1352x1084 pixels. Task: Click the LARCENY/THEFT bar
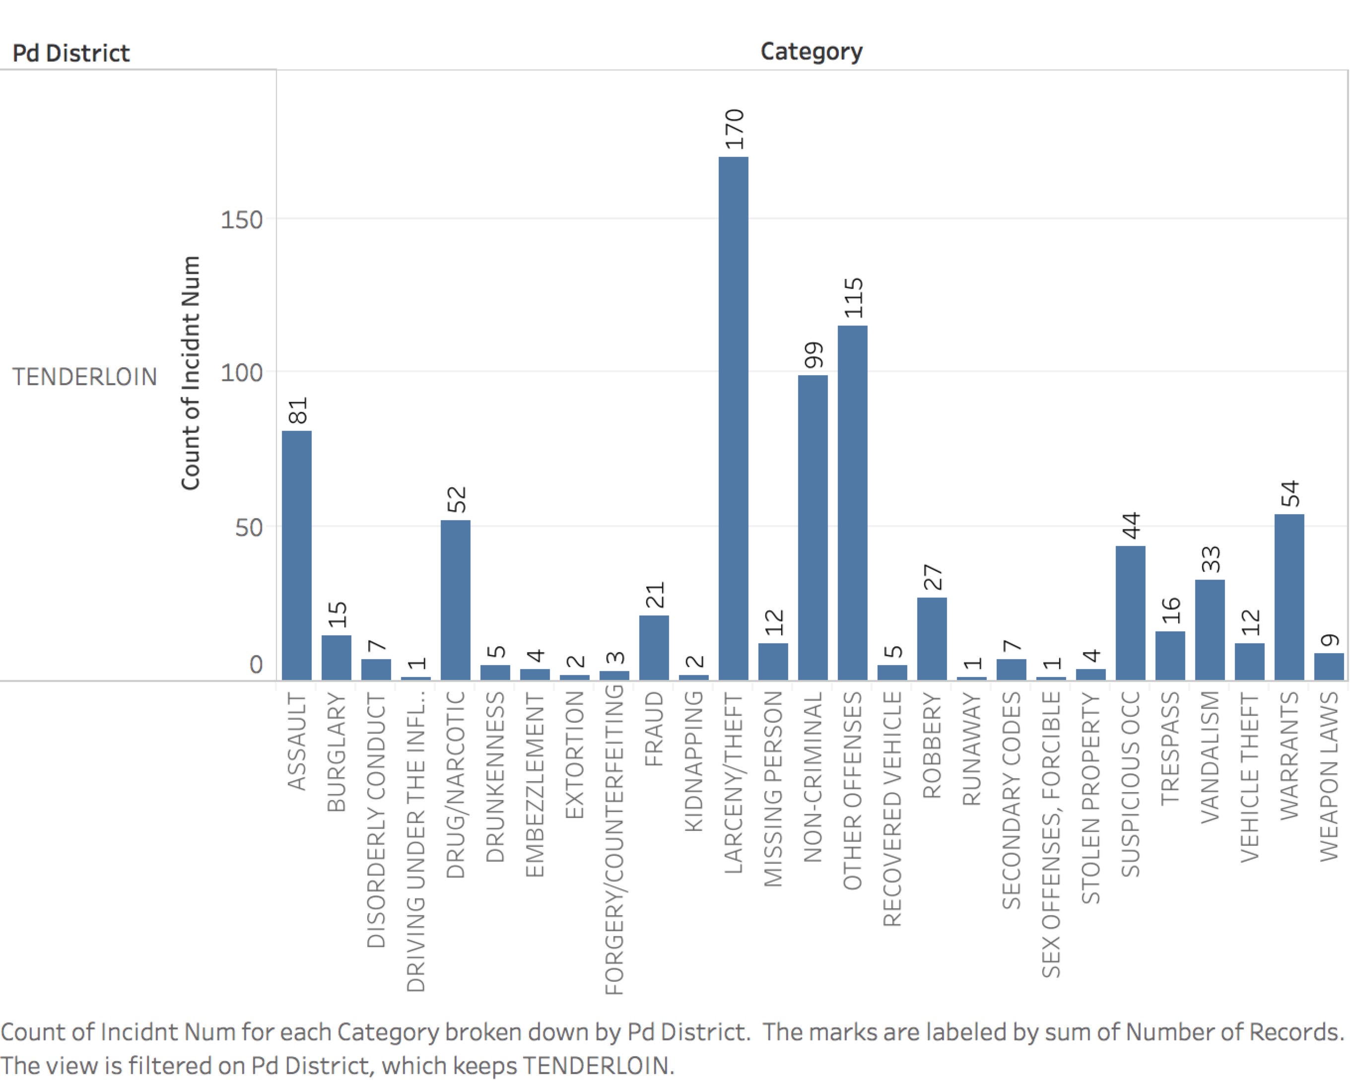coord(733,418)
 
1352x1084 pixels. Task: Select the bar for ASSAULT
coord(297,555)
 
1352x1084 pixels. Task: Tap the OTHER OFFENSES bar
coord(852,503)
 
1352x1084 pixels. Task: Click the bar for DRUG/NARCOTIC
coord(455,600)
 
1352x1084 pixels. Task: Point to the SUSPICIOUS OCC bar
coord(1130,612)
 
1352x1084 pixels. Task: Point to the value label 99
coord(813,355)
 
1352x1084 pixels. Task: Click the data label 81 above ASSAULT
coord(298,410)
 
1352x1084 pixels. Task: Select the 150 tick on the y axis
coord(241,220)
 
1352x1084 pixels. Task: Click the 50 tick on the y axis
coord(249,527)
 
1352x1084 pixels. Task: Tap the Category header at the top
coord(811,52)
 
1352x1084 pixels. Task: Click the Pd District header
coord(71,53)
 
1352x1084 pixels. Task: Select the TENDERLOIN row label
coord(85,377)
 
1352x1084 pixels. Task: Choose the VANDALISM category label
coord(1210,757)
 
